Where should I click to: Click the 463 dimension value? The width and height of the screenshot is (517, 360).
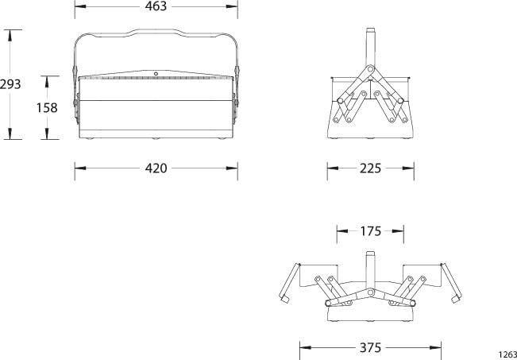pyautogui.click(x=156, y=6)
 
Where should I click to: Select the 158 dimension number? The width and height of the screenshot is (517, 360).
pyautogui.click(x=47, y=107)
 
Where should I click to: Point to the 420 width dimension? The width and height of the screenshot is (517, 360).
pyautogui.click(x=156, y=168)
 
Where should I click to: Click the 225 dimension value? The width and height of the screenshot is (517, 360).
pyautogui.click(x=370, y=168)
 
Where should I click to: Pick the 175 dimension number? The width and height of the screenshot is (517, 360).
pyautogui.click(x=370, y=232)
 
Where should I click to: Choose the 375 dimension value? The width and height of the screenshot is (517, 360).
pyautogui.click(x=370, y=347)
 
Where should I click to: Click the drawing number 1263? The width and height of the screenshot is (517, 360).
pyautogui.click(x=507, y=354)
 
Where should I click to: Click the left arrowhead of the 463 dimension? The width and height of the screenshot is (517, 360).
pyautogui.click(x=78, y=6)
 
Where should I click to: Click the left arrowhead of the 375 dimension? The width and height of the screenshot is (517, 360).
pyautogui.click(x=303, y=347)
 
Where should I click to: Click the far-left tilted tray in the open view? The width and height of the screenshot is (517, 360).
pyautogui.click(x=287, y=283)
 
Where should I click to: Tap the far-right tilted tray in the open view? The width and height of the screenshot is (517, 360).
pyautogui.click(x=452, y=283)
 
